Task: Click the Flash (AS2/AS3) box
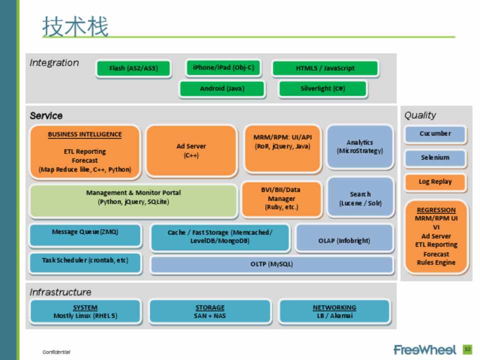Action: [133, 68]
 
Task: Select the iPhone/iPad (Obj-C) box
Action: [223, 67]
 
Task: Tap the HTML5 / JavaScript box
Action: [325, 68]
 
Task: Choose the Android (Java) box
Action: [222, 88]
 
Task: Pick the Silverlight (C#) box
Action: [322, 88]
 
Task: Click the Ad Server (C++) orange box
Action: [191, 150]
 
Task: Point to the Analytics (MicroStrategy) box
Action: [360, 146]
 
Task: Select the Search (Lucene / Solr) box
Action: [360, 198]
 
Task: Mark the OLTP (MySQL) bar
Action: [271, 264]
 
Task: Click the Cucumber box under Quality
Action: [435, 134]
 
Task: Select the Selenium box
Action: [435, 158]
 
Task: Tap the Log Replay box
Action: [435, 182]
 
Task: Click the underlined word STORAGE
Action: [210, 307]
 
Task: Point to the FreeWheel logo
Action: [425, 349]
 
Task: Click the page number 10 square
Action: [467, 349]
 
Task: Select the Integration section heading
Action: [54, 63]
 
